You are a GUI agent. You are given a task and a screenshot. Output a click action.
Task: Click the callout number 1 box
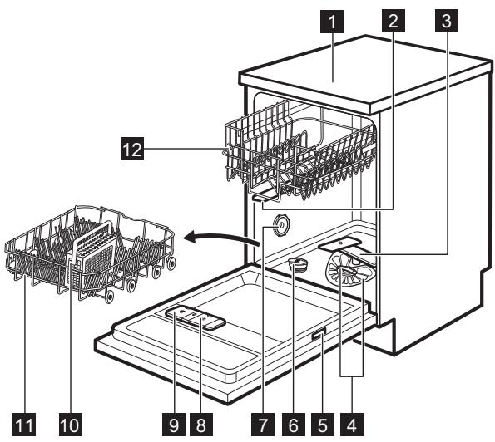point(332,21)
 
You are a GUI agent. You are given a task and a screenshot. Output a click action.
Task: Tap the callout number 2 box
point(394,21)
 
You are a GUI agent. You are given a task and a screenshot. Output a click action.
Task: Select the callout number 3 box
point(447,21)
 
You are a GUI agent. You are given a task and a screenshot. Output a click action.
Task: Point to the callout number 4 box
point(352,425)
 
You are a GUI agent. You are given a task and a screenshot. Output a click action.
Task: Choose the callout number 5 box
point(322,425)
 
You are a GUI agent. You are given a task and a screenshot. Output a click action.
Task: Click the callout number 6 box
point(294,425)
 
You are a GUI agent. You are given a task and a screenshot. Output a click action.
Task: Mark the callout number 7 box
point(263,425)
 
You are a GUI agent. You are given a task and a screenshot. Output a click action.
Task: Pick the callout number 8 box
point(201,425)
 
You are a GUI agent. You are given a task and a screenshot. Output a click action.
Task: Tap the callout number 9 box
point(174,425)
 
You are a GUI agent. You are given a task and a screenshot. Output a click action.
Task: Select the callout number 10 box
point(71,425)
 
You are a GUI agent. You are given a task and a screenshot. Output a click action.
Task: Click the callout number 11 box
point(24,425)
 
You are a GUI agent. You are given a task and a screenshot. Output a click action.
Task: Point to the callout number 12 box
point(132,149)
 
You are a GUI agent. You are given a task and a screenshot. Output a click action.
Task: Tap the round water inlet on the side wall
point(280,225)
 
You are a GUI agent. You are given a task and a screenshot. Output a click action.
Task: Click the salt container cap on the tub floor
point(298,263)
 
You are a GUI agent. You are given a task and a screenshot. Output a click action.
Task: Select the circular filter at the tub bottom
point(349,269)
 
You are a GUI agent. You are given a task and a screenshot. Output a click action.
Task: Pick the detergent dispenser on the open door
point(196,317)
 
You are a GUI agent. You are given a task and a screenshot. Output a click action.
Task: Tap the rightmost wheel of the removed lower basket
point(171,263)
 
